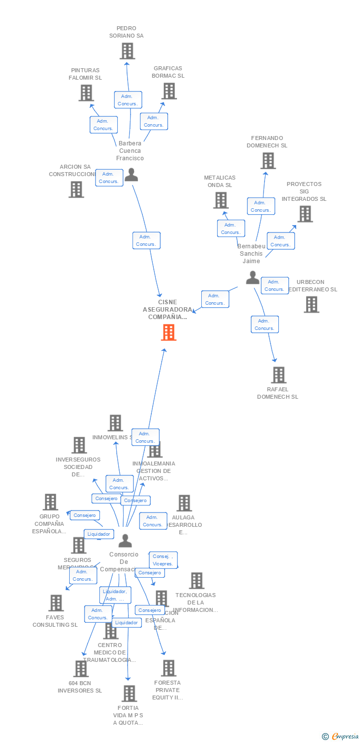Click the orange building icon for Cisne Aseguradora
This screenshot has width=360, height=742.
click(169, 332)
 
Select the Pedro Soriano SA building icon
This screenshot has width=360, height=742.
click(127, 51)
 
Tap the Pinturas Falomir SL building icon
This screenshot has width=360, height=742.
click(86, 93)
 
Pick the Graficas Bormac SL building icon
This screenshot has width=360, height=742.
click(169, 91)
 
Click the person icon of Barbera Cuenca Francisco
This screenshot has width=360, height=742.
click(131, 175)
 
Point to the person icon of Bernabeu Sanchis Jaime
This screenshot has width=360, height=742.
click(253, 278)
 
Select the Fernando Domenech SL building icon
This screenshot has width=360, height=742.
click(268, 161)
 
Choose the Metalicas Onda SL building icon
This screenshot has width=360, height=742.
click(221, 200)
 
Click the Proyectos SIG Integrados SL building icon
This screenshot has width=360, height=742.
click(305, 214)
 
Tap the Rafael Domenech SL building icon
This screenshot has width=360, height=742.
click(278, 375)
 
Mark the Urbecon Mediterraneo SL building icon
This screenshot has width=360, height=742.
click(312, 304)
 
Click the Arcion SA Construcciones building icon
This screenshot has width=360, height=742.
click(76, 189)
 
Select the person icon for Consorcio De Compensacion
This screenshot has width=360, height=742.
click(125, 541)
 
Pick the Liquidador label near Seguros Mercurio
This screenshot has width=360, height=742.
click(99, 534)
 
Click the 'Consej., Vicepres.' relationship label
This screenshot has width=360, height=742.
click(163, 560)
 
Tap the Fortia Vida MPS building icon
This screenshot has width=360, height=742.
click(129, 694)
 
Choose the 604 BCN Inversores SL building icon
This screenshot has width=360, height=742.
click(81, 669)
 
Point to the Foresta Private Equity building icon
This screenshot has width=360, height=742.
click(168, 668)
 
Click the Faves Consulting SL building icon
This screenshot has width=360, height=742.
click(56, 603)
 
